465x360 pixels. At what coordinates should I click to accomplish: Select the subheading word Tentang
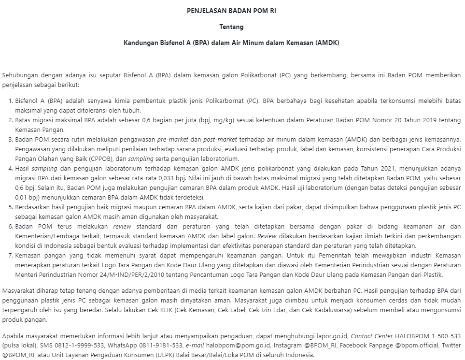coord(231,27)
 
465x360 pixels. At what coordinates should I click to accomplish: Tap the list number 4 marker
coord(11,169)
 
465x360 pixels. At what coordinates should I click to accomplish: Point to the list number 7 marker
coord(11,255)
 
